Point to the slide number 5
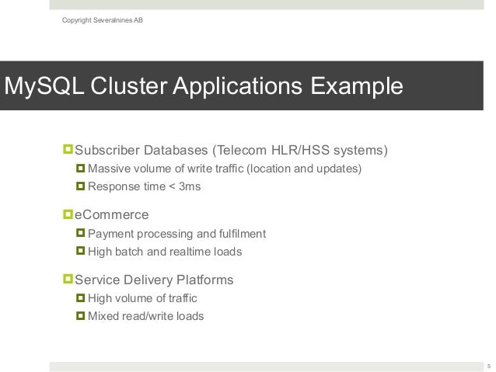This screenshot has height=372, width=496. pos(488,366)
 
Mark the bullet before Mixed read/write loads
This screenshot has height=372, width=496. pos(80,316)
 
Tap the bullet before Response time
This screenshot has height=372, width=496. pos(80,187)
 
